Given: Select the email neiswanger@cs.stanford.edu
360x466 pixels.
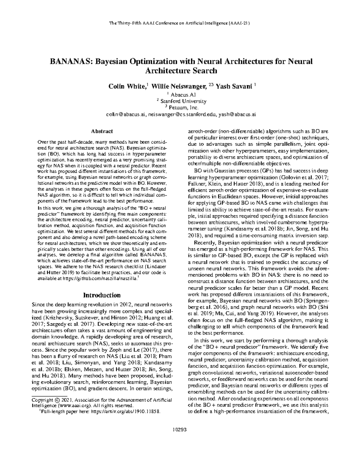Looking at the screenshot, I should point(182,114).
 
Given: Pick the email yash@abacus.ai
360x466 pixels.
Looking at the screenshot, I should point(237,114).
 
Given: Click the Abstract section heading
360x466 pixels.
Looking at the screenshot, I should point(102,131).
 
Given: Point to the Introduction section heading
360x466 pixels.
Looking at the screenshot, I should point(102,295).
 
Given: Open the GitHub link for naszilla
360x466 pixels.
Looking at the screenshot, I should point(100,279).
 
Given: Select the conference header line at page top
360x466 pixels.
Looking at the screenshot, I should point(180,23).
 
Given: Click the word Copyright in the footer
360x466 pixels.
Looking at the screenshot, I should point(42,400).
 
